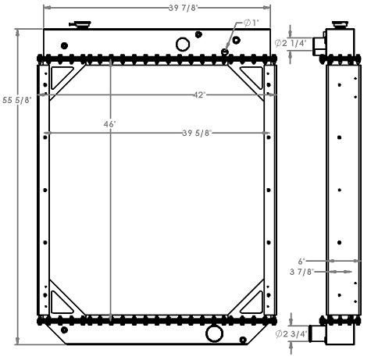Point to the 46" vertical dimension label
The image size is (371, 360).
(x=109, y=124)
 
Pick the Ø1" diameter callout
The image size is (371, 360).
(x=251, y=23)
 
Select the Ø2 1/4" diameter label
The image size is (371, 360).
(x=293, y=43)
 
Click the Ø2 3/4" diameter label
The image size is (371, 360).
(x=293, y=334)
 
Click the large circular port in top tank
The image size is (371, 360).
(x=183, y=44)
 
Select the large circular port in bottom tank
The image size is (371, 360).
(x=213, y=334)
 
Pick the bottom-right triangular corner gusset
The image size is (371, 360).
(x=255, y=299)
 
